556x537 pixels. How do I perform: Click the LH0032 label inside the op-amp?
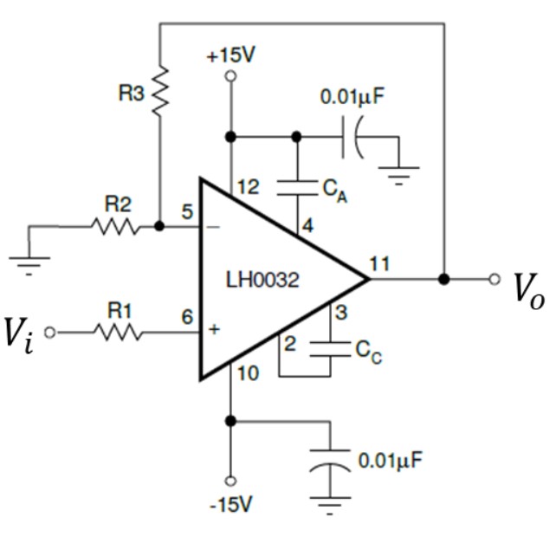click(x=263, y=281)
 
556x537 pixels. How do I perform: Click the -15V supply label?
click(x=230, y=503)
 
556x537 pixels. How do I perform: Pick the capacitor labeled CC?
click(x=330, y=347)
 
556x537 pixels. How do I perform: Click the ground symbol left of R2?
click(x=29, y=259)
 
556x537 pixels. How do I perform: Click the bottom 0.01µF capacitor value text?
click(x=391, y=459)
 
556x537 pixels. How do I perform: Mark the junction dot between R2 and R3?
click(x=160, y=226)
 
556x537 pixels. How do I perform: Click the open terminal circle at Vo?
click(x=494, y=280)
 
